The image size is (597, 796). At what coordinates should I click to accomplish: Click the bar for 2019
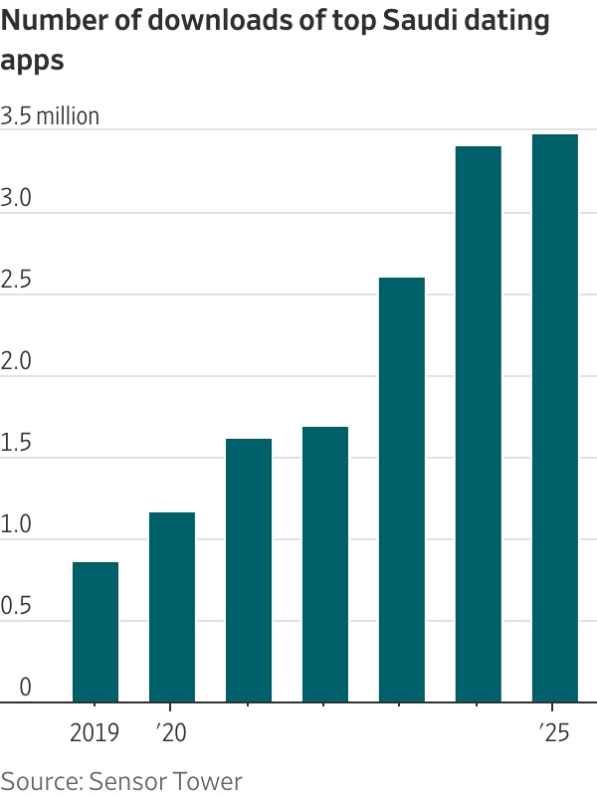pos(96,633)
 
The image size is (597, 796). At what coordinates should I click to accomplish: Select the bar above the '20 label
pos(172,607)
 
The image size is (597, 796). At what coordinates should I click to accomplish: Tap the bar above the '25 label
pos(555,418)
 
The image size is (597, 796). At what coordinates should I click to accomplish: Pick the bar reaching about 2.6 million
pos(402,490)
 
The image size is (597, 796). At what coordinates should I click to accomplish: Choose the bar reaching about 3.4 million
pos(479,424)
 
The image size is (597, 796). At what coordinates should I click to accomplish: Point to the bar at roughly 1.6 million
pos(249,570)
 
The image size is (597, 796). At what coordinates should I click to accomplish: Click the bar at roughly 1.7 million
pos(325,564)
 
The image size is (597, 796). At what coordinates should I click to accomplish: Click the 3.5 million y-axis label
pos(51,116)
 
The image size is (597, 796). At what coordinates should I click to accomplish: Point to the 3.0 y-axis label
pos(16,198)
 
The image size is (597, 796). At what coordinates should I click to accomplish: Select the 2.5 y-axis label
pos(16,280)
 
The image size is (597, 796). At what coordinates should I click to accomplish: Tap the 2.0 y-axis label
pos(16,361)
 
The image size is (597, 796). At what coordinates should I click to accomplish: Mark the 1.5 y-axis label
pos(16,443)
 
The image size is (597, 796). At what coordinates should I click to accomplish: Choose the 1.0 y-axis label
pos(16,524)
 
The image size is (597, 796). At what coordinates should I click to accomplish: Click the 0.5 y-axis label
pos(16,606)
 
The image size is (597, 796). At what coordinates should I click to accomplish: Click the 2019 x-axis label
pos(96,734)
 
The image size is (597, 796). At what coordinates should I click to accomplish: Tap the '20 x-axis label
pos(172,734)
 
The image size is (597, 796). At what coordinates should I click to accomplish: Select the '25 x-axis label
pos(555,734)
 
